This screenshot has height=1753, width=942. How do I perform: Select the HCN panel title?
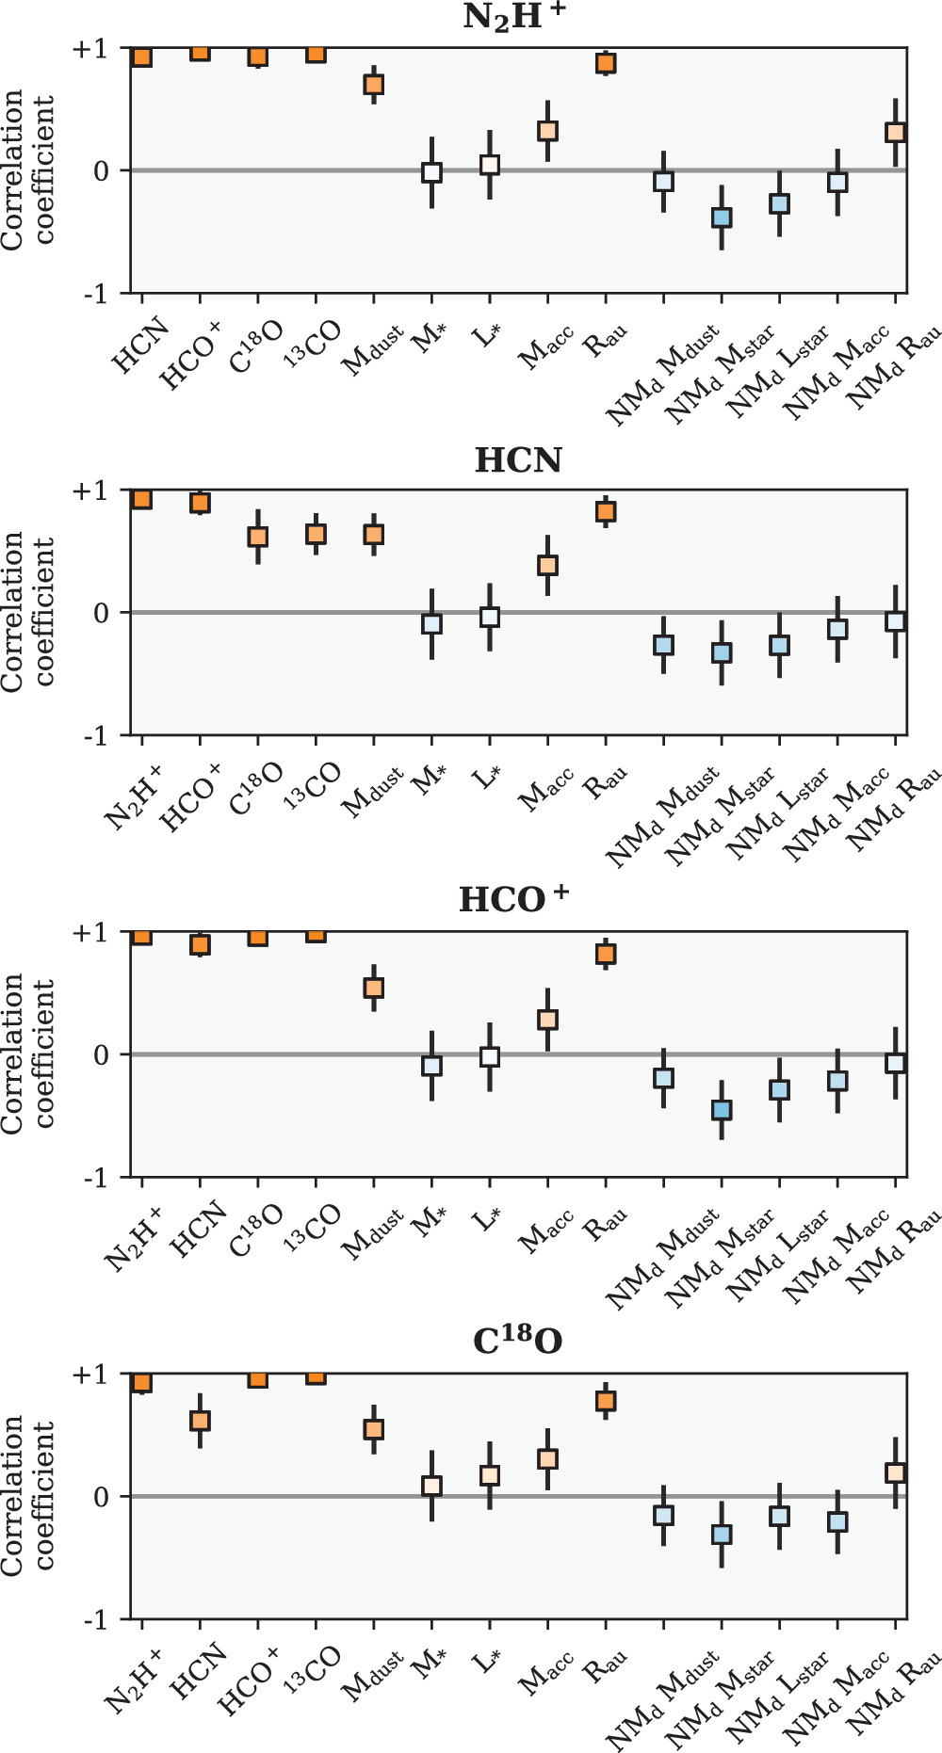(518, 460)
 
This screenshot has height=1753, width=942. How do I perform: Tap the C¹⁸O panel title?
(517, 1342)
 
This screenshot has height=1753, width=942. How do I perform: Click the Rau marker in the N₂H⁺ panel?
(606, 63)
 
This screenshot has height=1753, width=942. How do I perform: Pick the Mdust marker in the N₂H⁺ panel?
(374, 85)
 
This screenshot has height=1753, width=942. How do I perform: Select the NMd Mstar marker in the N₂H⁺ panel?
(722, 217)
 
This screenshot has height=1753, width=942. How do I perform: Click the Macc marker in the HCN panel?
(547, 565)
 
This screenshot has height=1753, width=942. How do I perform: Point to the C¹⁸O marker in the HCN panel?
(258, 537)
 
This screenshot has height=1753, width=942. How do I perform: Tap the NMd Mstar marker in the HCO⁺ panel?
(722, 1110)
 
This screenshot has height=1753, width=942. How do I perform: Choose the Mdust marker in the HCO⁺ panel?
(374, 988)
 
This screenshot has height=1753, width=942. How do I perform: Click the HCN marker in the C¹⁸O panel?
(200, 1421)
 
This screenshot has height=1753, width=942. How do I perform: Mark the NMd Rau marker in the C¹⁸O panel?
(895, 1472)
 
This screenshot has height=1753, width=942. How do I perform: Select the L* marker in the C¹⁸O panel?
(490, 1475)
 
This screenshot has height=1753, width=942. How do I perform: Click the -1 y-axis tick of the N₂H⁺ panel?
(95, 294)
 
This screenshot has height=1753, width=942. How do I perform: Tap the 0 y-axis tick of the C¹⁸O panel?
(101, 1497)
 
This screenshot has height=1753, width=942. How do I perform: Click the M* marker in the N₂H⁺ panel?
(431, 172)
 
